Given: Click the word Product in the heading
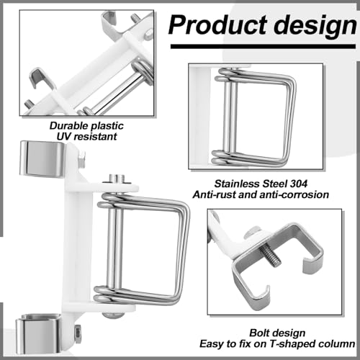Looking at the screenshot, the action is point(218,24).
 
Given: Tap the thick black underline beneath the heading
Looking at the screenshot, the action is point(263,46).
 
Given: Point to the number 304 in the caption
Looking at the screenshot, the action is point(299,184).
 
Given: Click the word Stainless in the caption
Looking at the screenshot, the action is point(233,184).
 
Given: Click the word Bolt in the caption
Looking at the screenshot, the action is point(258,333).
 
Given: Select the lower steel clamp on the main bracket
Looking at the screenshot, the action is point(40,333).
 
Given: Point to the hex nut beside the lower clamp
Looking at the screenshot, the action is point(78,332).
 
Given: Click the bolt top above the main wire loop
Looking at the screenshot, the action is point(117,179).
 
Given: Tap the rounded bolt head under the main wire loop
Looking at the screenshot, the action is point(113,315).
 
